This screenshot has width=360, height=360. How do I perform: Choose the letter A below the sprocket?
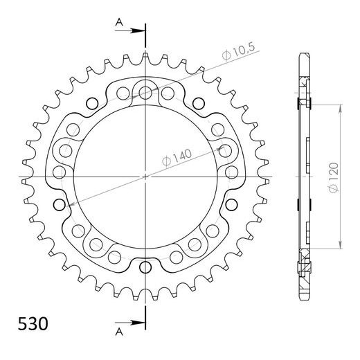118,328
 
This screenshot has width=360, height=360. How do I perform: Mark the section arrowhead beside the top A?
139,29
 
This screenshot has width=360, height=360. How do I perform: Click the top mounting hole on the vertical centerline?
145,91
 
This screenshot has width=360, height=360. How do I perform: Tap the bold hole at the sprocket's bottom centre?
145,267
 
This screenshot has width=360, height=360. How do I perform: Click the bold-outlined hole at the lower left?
68,205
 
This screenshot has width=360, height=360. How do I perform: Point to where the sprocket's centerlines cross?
145,177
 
